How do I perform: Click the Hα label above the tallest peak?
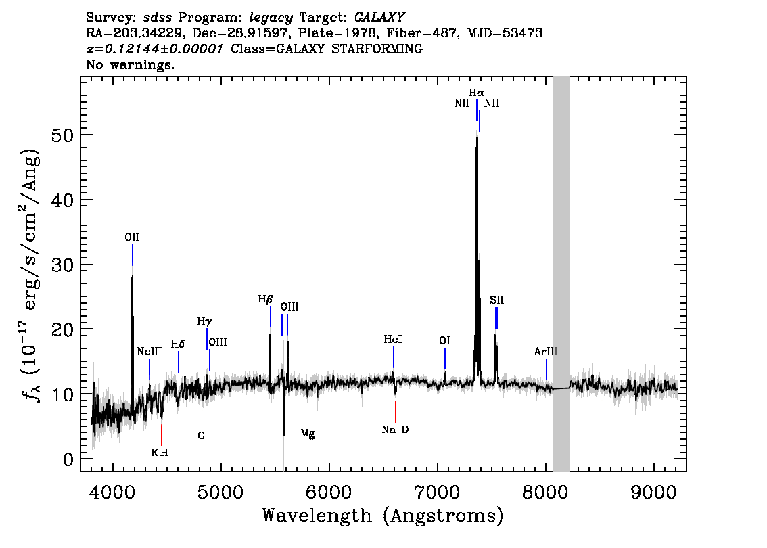pyautogui.click(x=476, y=93)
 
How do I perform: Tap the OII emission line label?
pyautogui.click(x=132, y=237)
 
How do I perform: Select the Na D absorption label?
pyautogui.click(x=395, y=430)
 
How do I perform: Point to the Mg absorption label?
pyautogui.click(x=308, y=434)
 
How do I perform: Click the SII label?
pyautogui.click(x=496, y=300)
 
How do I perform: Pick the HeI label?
pyautogui.click(x=393, y=340)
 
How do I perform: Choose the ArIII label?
pyautogui.click(x=545, y=351)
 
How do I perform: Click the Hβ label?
pyautogui.click(x=265, y=299)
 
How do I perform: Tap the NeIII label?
pyautogui.click(x=149, y=351)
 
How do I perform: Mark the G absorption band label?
pyautogui.click(x=202, y=435)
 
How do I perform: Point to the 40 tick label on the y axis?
pyautogui.click(x=62, y=199)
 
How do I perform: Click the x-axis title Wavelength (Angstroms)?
pyautogui.click(x=383, y=516)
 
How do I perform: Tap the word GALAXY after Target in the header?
pyautogui.click(x=379, y=18)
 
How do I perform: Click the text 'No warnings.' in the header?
pyautogui.click(x=130, y=64)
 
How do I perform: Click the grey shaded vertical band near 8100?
pyautogui.click(x=561, y=274)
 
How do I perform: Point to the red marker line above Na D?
pyautogui.click(x=395, y=412)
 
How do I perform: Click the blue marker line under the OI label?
pyautogui.click(x=444, y=359)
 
